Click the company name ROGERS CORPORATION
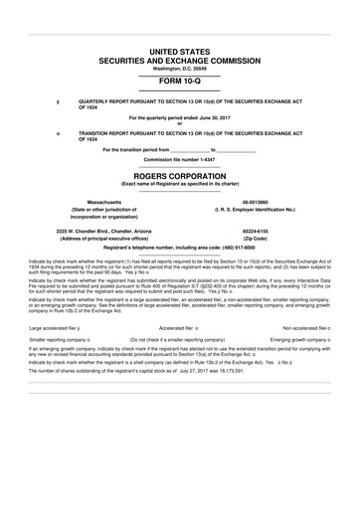point(179,175)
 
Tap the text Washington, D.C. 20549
point(179,69)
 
